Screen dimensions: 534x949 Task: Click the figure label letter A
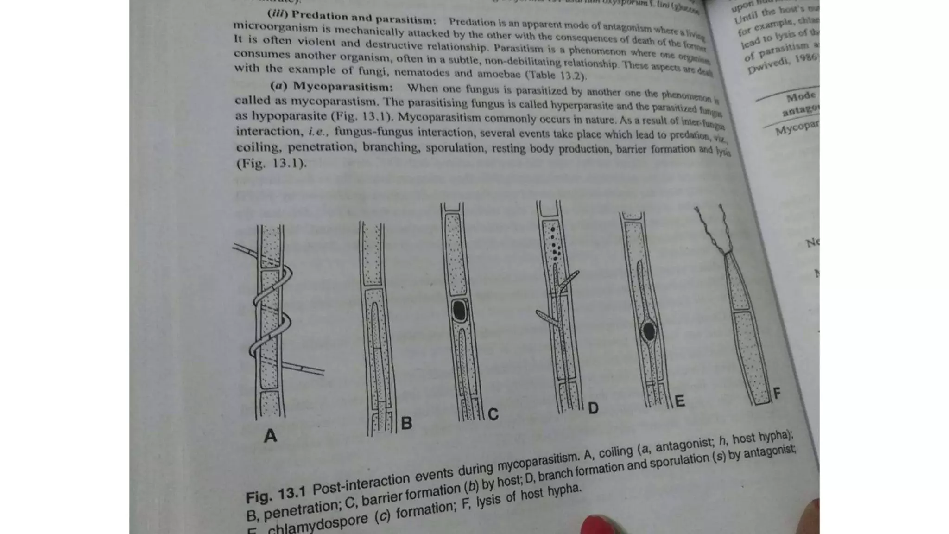click(x=270, y=436)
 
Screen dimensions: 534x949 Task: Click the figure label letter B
click(x=406, y=423)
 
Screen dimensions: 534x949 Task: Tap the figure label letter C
click(x=493, y=414)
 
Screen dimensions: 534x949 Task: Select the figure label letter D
click(x=593, y=408)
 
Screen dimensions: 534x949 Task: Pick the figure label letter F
click(x=777, y=394)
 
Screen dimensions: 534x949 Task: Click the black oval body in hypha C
click(x=459, y=311)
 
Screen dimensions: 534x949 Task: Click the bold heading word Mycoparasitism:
click(x=343, y=87)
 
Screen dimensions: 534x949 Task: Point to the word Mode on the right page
click(x=801, y=97)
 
